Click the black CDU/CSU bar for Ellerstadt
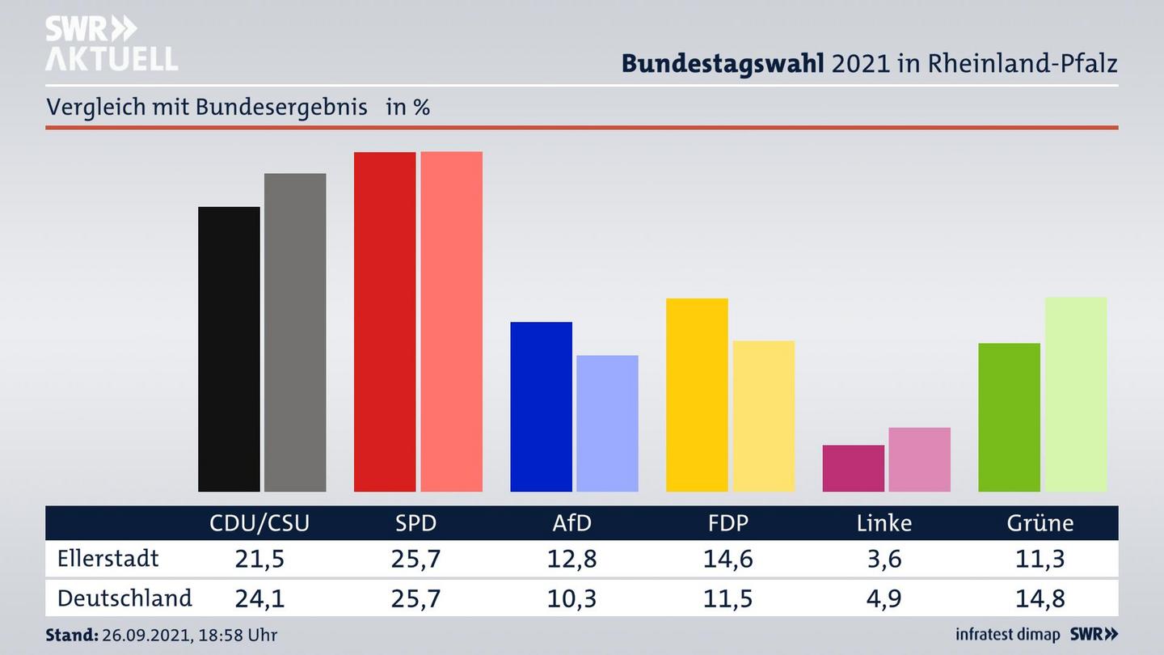tap(229, 349)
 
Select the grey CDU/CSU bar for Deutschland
tap(295, 332)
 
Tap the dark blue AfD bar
tap(541, 407)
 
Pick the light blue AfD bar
tap(607, 423)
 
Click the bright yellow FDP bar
tap(697, 395)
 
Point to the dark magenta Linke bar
tap(853, 468)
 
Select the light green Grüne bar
tap(1075, 394)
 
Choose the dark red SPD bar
tap(385, 322)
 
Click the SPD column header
tap(415, 523)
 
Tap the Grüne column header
tap(1040, 523)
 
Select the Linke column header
tap(884, 523)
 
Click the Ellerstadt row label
tap(108, 559)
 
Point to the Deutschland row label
tap(124, 598)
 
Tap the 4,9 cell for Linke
tap(884, 598)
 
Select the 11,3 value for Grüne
tap(1040, 559)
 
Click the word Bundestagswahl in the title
tap(722, 63)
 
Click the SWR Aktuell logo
tap(111, 44)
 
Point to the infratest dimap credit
tap(1008, 635)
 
